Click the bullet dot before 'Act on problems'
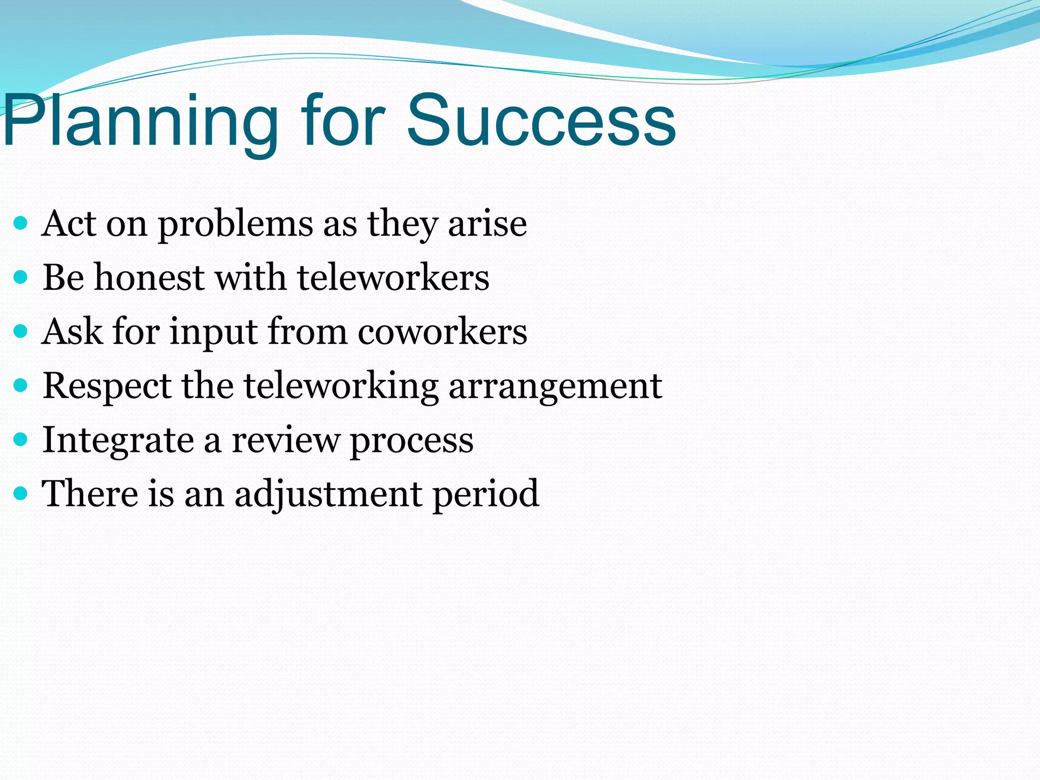coord(20,223)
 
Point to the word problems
coord(236,224)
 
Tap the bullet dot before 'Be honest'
coord(20,277)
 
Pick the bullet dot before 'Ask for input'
coord(20,332)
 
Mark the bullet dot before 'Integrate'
coord(20,439)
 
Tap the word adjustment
coord(328,494)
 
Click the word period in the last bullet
coord(485,494)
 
